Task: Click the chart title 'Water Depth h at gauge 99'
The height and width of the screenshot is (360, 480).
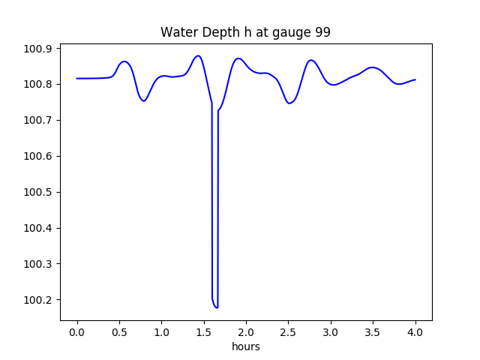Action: click(x=245, y=33)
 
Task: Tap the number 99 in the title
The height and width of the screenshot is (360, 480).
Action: click(x=322, y=33)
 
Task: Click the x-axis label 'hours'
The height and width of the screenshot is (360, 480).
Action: click(x=245, y=347)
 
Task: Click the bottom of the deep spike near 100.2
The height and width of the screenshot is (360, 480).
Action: click(x=216, y=307)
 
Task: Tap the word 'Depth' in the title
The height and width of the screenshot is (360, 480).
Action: click(x=212, y=34)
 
